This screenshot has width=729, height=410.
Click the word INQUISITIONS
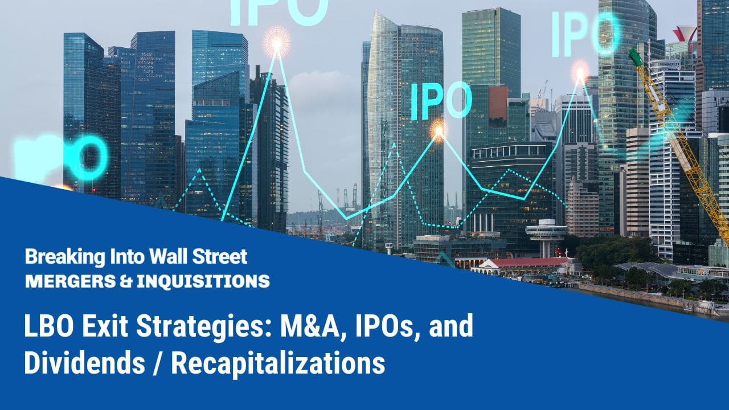point(203,281)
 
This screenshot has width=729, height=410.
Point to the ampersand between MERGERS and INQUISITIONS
point(126,281)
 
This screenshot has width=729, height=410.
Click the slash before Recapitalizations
point(158,363)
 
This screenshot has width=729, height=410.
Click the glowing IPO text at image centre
point(441,101)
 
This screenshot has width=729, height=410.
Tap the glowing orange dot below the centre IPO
point(439,131)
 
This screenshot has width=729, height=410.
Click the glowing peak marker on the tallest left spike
point(277,42)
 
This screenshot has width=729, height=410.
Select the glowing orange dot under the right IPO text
point(580,73)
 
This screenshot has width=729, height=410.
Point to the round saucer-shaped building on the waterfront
point(546,231)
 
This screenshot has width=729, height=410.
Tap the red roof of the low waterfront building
point(530,262)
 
